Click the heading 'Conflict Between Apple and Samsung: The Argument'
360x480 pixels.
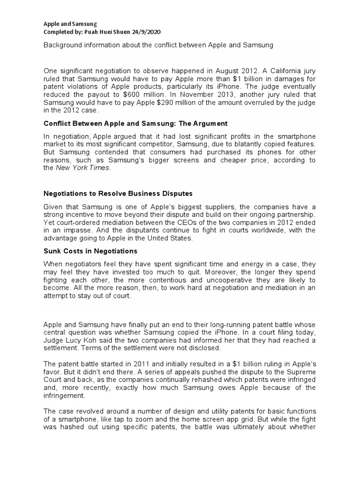(x=135, y=123)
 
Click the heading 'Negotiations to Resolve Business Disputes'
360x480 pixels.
(x=118, y=193)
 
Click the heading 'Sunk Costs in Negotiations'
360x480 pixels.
(x=90, y=251)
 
